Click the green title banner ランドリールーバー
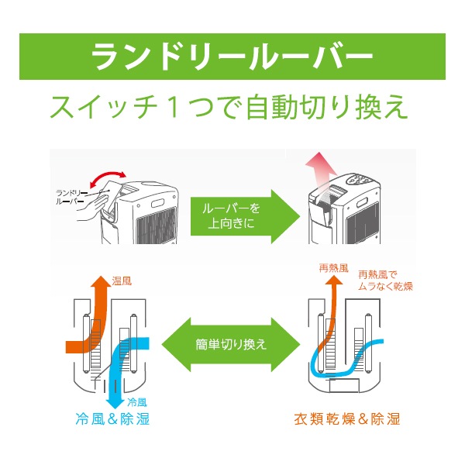[x=232, y=57]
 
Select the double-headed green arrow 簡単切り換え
[x=233, y=343]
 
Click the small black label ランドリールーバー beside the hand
[x=72, y=195]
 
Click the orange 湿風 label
[x=122, y=281]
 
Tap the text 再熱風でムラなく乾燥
[x=384, y=281]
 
